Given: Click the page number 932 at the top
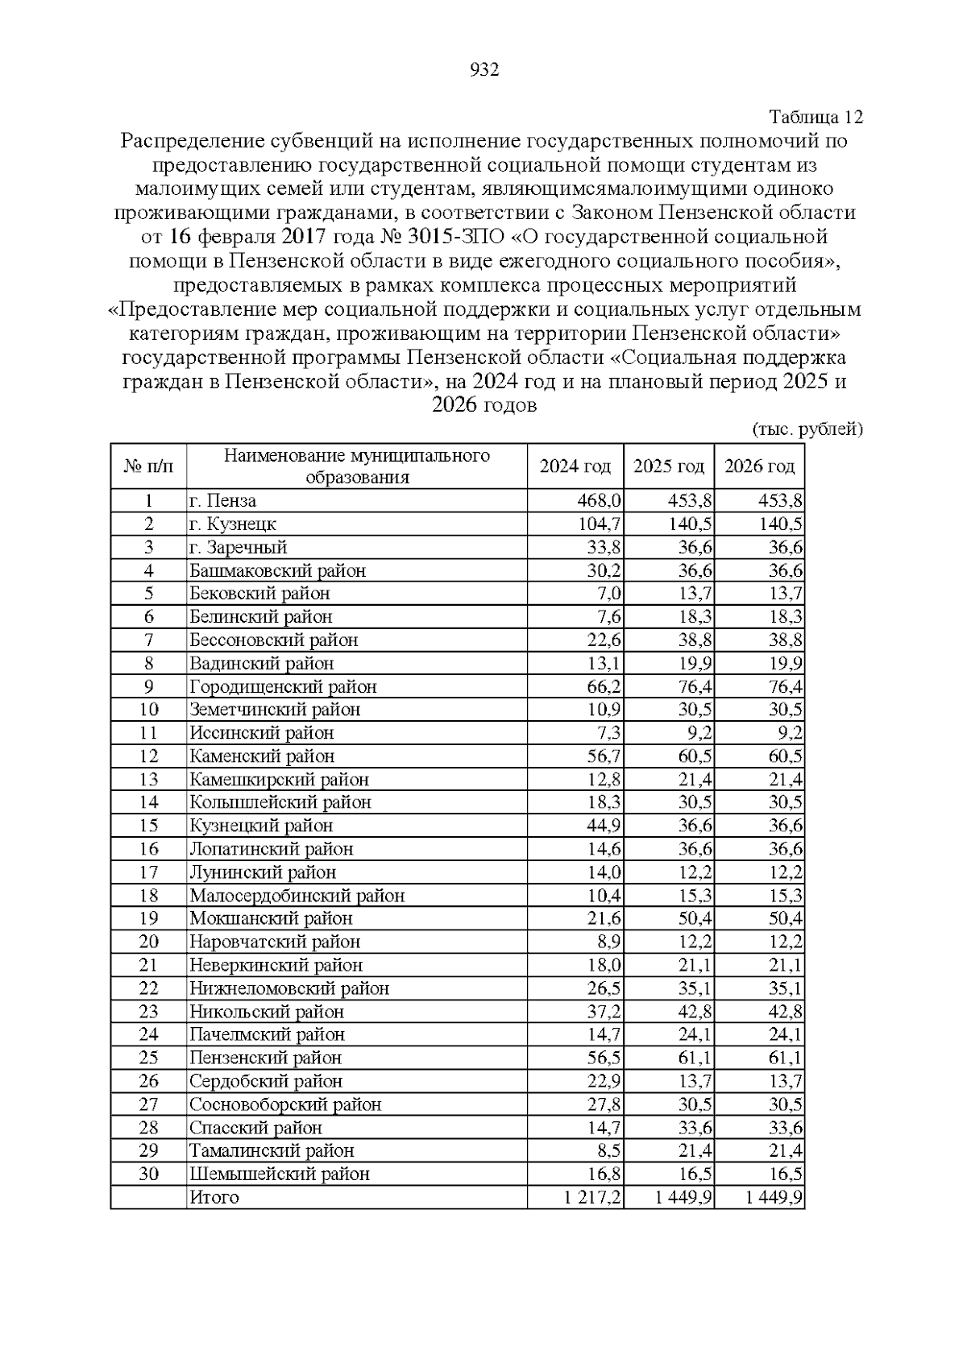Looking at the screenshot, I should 484,70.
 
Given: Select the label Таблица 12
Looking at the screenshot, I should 816,118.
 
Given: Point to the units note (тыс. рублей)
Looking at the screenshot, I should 807,429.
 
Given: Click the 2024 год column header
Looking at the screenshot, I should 575,466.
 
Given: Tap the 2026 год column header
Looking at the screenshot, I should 759,466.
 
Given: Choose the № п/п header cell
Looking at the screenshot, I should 148,466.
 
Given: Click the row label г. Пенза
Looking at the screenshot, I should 222,501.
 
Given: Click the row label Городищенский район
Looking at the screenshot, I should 283,687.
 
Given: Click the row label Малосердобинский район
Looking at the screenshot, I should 297,896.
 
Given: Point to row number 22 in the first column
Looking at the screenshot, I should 148,988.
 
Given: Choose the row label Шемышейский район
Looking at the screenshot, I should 280,1174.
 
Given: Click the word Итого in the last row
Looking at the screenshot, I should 214,1198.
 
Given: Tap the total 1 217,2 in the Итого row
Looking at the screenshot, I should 592,1198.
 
